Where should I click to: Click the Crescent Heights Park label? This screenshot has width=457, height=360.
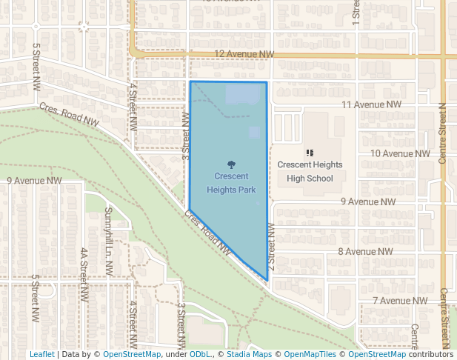click(x=231, y=183)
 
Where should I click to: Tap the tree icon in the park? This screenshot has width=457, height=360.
click(x=231, y=165)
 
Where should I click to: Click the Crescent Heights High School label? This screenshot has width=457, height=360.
click(x=310, y=171)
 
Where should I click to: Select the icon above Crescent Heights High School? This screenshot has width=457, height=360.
click(x=310, y=153)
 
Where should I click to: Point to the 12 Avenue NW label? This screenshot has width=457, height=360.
click(x=244, y=54)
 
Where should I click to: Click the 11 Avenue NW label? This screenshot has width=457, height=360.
click(x=371, y=104)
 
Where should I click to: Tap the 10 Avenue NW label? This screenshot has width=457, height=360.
click(x=400, y=153)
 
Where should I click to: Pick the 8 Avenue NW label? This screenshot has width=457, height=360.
click(x=365, y=251)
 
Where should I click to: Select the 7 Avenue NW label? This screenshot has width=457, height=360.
click(x=400, y=300)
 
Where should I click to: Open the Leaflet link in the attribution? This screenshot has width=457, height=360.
click(x=41, y=354)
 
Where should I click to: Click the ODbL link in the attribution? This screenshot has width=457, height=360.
click(x=200, y=354)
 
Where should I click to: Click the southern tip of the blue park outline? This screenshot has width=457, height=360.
click(x=267, y=280)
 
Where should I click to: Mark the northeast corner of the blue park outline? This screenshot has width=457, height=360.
click(x=266, y=82)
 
